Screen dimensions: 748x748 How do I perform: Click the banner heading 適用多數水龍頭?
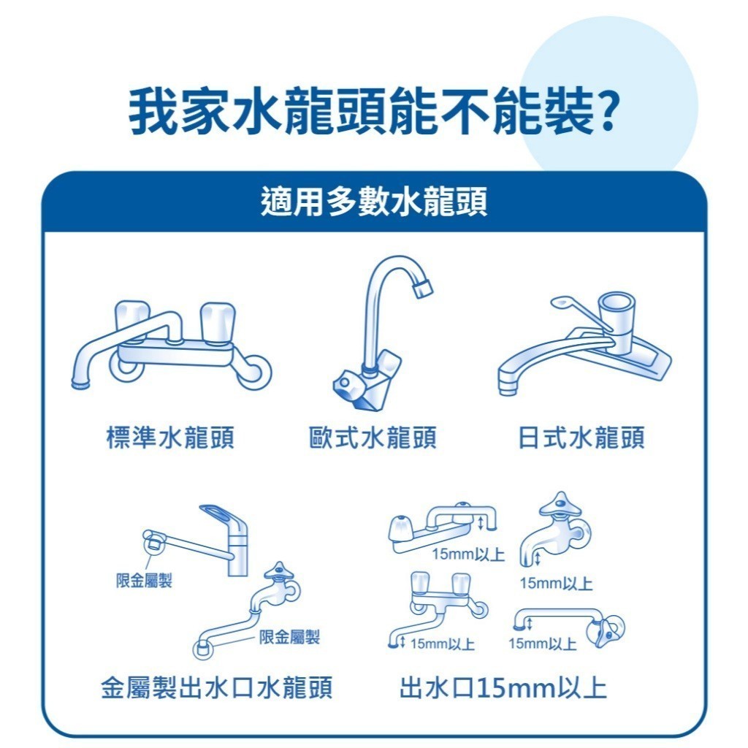click(374, 202)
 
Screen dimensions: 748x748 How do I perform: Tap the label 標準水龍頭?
click(169, 438)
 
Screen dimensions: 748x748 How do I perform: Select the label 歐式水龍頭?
click(373, 438)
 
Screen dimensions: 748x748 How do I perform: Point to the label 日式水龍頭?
click(581, 438)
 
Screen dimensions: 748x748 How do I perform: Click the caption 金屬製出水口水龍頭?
click(216, 687)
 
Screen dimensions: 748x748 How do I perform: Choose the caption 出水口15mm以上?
click(503, 687)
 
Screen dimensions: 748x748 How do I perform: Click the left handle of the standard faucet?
click(132, 321)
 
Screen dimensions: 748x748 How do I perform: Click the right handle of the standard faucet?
click(218, 322)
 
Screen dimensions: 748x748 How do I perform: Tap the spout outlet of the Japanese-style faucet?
click(508, 387)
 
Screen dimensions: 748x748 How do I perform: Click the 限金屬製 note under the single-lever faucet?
click(144, 581)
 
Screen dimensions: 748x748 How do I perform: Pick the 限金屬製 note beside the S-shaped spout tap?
click(289, 636)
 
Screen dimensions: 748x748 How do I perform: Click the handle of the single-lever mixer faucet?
click(224, 517)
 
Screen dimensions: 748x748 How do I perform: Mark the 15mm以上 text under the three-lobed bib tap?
click(556, 583)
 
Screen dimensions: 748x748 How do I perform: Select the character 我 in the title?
click(153, 111)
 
